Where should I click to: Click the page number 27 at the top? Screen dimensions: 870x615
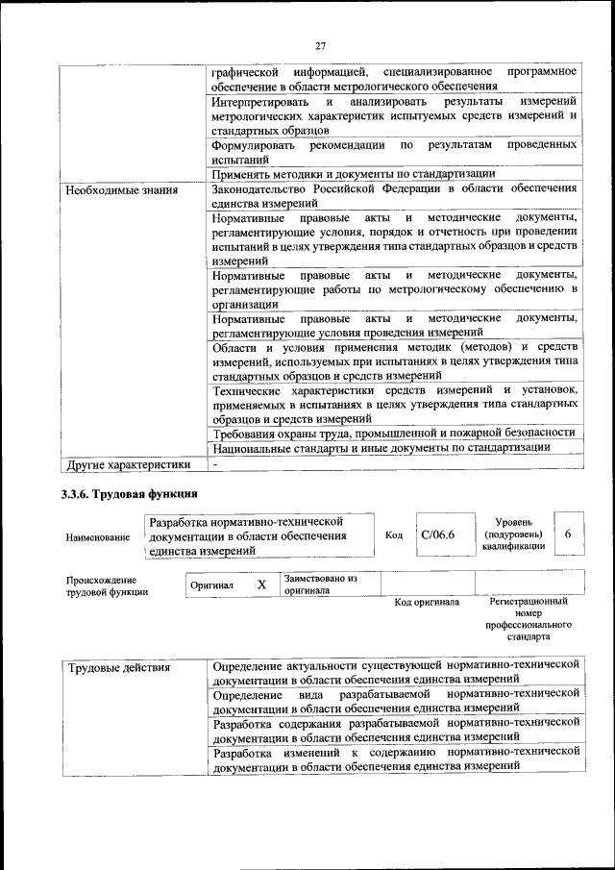point(321,44)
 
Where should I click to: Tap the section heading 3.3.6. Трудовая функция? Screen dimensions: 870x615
point(123,495)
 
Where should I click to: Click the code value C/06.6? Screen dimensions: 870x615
point(437,534)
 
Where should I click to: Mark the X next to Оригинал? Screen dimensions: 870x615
point(261,584)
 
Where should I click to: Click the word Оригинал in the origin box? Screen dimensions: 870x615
point(211,584)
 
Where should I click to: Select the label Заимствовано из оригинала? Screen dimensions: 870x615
point(320,584)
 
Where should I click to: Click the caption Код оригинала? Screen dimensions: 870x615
point(427,603)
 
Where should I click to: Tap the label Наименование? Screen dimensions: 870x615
point(98,538)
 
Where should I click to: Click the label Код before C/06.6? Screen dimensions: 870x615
point(393,534)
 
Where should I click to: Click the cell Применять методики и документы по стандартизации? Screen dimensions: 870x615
point(354,174)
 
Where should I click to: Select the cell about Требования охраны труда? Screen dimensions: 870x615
point(394,433)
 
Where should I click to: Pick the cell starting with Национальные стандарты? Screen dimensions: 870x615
point(381,447)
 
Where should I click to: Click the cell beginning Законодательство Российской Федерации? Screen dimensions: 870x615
point(394,197)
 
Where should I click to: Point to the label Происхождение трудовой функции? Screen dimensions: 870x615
point(107,586)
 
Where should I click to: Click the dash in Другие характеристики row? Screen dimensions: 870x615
point(216,464)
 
